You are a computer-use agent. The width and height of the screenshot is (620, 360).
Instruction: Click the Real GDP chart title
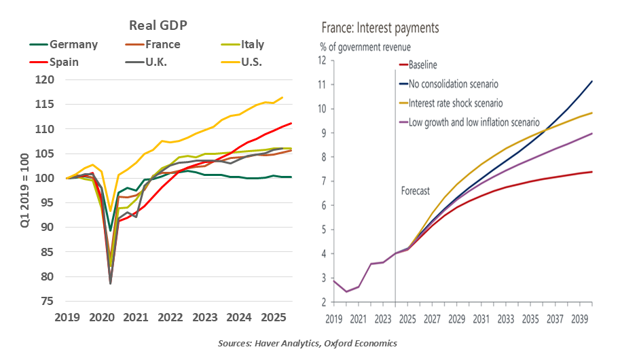[158, 26]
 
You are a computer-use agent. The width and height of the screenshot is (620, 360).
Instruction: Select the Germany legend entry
[73, 45]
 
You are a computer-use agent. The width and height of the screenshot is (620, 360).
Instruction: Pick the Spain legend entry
[64, 62]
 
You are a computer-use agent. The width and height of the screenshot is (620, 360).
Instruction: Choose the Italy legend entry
[252, 45]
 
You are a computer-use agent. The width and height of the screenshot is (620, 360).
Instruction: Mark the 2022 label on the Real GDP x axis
[171, 317]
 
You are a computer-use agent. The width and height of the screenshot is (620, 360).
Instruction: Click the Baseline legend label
[422, 65]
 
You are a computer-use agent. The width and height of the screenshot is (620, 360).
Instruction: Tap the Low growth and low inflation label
[473, 122]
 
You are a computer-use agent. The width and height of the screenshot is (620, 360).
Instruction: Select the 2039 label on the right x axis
[581, 319]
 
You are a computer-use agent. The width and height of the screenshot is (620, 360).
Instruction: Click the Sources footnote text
[307, 344]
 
